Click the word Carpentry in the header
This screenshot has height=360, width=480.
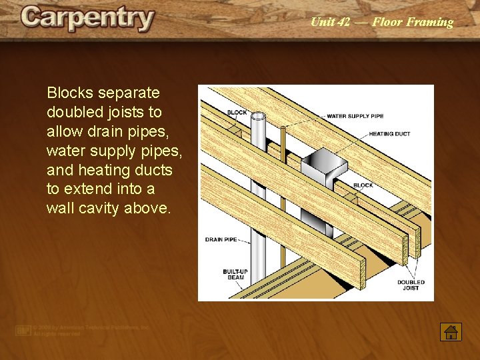(87, 19)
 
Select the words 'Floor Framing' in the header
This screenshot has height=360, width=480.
(413, 22)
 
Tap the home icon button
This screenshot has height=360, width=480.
(451, 331)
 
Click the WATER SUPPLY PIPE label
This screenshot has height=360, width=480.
(356, 116)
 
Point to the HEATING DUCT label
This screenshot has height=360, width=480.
(391, 134)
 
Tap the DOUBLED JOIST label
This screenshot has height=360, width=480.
(411, 285)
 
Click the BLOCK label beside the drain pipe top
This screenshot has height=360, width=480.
(237, 113)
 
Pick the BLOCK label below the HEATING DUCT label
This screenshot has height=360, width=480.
(363, 185)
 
